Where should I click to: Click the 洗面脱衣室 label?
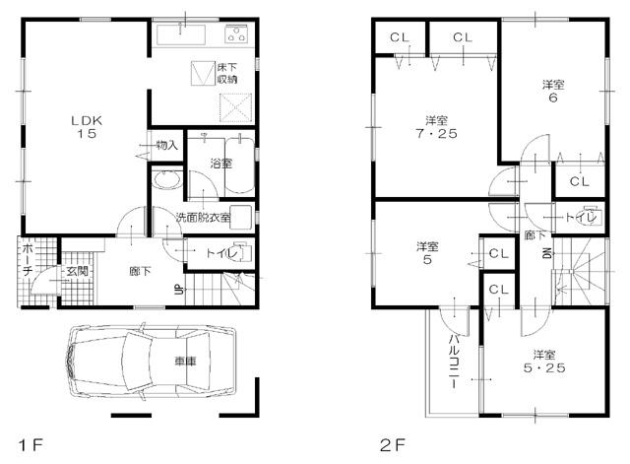203,217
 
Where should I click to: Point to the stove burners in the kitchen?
237,35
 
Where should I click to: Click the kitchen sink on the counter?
180,35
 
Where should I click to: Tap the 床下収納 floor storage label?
228,72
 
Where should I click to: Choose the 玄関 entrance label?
77,271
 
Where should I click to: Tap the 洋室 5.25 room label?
540,363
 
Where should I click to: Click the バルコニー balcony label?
454,360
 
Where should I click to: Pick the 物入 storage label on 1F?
166,145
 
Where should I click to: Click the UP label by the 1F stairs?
178,289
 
